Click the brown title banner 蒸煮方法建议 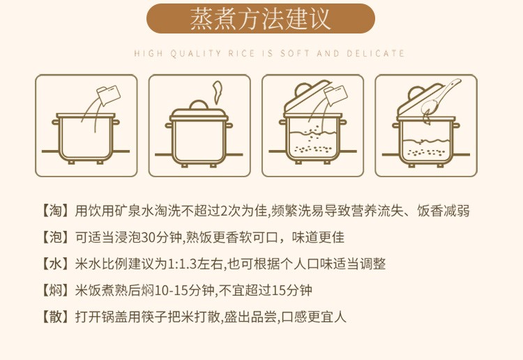coord(261,19)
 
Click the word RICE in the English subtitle coord(241,54)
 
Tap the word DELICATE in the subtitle coord(376,54)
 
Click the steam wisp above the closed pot coord(217,92)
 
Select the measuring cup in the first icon coord(108,95)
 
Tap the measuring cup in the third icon coord(335,96)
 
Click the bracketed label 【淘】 coord(55,211)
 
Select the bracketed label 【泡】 coord(55,237)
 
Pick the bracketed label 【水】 coord(55,264)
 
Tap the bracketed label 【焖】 coord(55,290)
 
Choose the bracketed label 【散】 coord(55,316)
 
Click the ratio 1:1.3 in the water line coord(183,264)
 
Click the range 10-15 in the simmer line coord(171,291)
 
